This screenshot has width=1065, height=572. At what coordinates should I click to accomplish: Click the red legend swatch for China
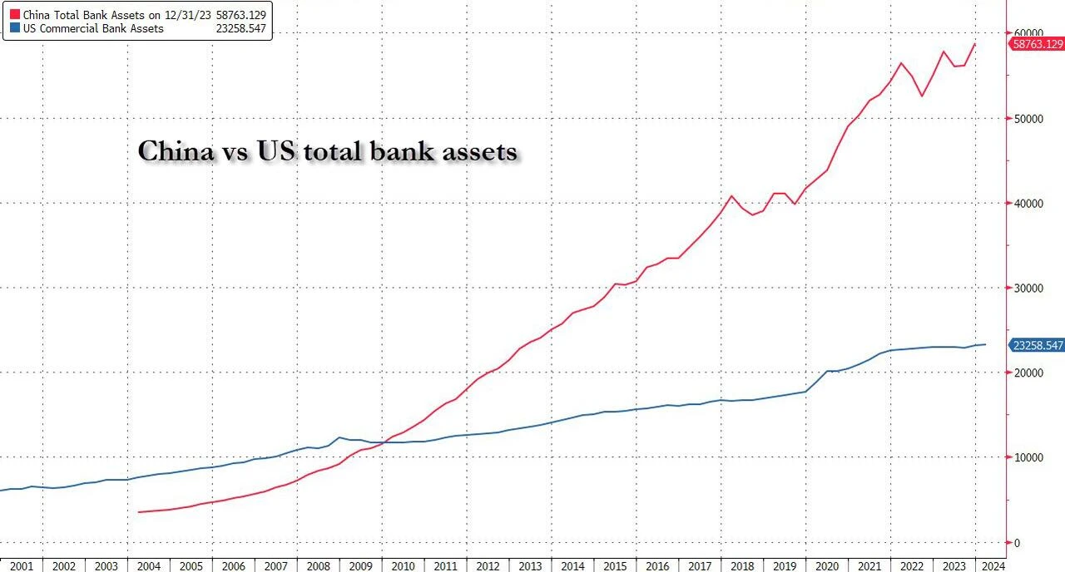[x=14, y=14]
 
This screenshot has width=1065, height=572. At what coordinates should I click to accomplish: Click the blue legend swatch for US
[x=14, y=28]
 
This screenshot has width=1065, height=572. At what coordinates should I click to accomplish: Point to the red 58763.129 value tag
[x=1038, y=44]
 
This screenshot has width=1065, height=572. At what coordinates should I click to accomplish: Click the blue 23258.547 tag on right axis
[x=1038, y=345]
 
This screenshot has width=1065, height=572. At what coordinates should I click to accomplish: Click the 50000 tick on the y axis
[x=1029, y=119]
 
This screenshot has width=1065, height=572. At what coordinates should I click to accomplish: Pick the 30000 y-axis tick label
[x=1029, y=288]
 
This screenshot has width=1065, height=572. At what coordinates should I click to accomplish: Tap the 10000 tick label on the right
[x=1029, y=458]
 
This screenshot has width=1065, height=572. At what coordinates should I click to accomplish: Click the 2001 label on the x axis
[x=22, y=566]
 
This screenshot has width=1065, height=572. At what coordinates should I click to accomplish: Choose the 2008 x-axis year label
[x=318, y=566]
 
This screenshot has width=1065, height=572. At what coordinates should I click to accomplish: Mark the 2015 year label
[x=615, y=566]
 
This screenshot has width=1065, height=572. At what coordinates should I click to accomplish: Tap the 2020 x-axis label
[x=827, y=566]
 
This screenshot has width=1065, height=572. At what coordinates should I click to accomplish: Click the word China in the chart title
[x=171, y=152]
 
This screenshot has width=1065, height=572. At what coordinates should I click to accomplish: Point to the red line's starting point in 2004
[x=138, y=512]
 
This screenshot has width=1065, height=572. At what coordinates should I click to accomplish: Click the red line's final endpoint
[x=975, y=44]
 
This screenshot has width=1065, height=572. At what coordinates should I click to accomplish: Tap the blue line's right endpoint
[x=986, y=344]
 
